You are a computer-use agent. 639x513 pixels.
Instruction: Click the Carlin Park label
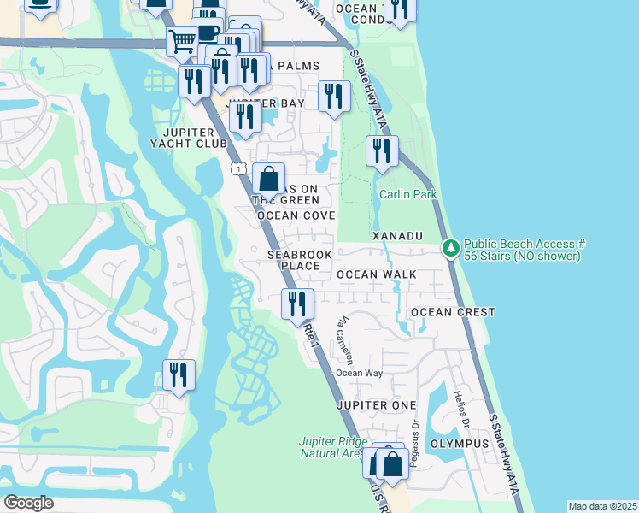tap(408, 194)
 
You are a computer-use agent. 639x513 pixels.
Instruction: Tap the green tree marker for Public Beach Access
tap(450, 249)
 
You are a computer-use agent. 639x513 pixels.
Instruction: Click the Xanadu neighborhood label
tap(397, 234)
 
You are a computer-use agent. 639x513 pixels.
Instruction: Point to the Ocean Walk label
tap(376, 274)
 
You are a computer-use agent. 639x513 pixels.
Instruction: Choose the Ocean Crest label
tap(452, 312)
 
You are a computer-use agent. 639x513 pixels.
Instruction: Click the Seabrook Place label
tap(294, 260)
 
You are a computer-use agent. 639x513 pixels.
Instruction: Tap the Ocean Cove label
tap(296, 216)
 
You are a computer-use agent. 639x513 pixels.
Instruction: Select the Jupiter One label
tap(376, 404)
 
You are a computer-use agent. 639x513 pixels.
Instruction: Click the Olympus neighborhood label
tap(460, 444)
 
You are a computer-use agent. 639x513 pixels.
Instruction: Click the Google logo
tap(29, 503)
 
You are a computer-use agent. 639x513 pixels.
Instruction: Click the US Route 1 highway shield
tap(238, 169)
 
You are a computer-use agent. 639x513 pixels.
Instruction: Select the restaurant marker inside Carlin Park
tap(381, 151)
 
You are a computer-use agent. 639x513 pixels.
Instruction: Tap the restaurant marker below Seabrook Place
tap(298, 304)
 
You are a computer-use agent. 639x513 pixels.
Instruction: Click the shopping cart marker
tap(181, 40)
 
